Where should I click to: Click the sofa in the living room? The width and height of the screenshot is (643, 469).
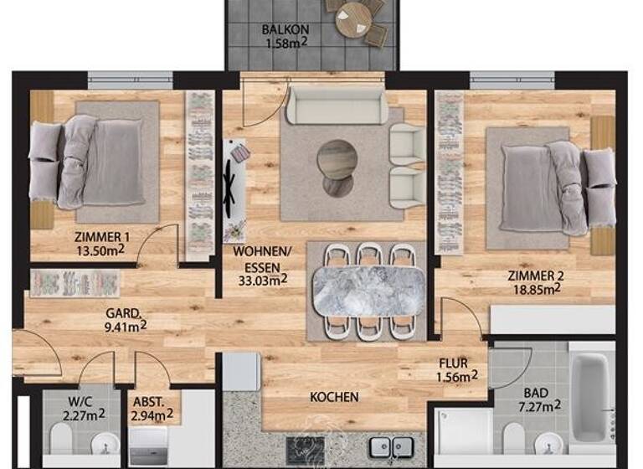point(337,106)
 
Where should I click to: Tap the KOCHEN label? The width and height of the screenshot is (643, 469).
point(334,396)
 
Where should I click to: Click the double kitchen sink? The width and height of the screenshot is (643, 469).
point(391,448)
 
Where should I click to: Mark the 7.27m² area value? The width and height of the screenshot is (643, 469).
point(539,406)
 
